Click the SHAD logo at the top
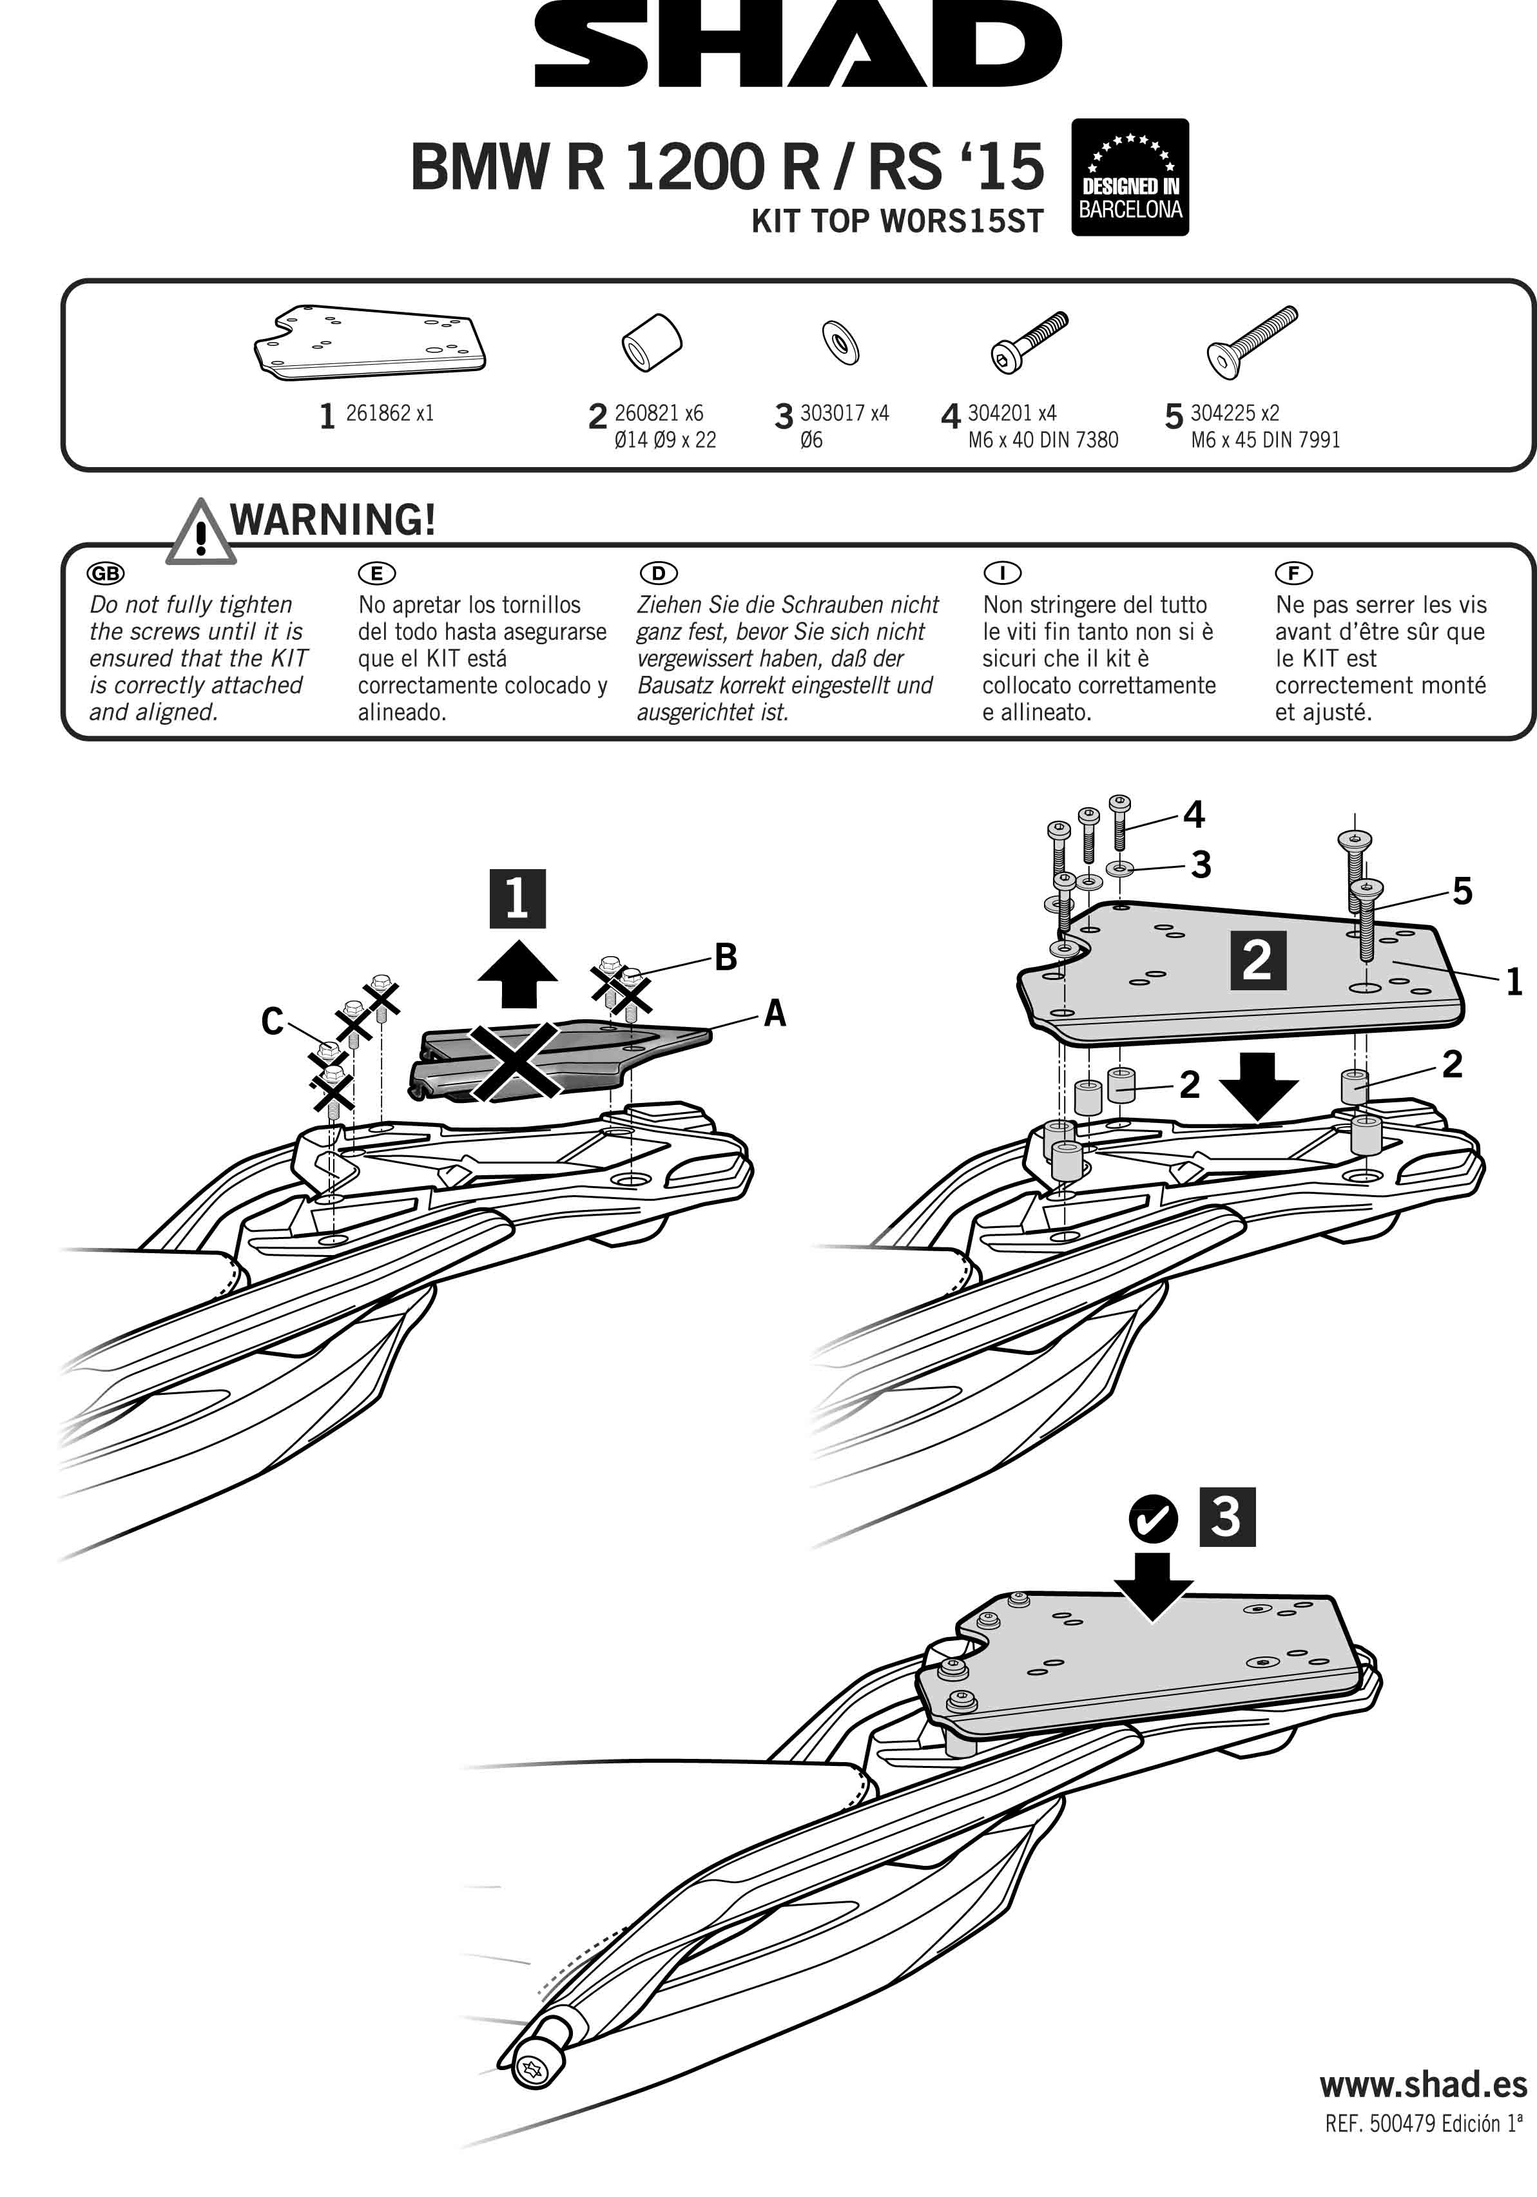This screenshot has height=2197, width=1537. pyautogui.click(x=797, y=45)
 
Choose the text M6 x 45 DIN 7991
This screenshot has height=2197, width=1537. pyautogui.click(x=1265, y=440)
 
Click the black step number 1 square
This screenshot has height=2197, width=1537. pyautogui.click(x=517, y=899)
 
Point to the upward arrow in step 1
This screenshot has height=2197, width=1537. pyautogui.click(x=517, y=974)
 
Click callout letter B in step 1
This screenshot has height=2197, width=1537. pyautogui.click(x=726, y=957)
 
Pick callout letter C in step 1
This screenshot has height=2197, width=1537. pyautogui.click(x=273, y=1022)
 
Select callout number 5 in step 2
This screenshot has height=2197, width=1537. pyautogui.click(x=1462, y=892)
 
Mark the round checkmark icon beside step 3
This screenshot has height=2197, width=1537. pyautogui.click(x=1153, y=1519)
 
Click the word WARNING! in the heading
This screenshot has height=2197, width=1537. pyautogui.click(x=333, y=519)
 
